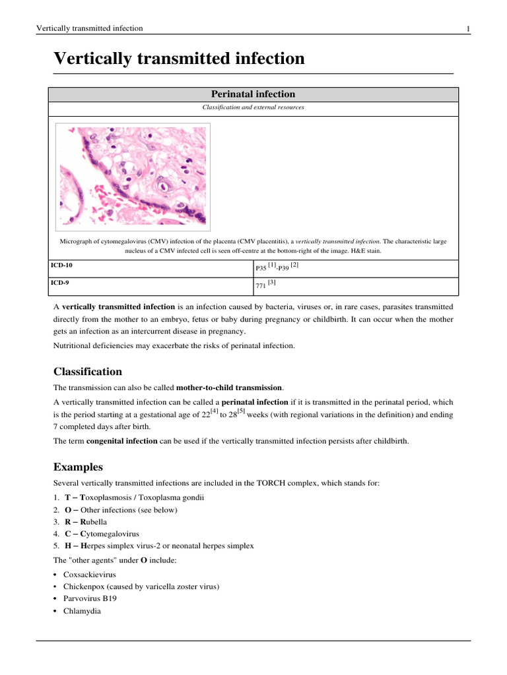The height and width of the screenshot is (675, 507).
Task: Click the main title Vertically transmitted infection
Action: tap(179, 59)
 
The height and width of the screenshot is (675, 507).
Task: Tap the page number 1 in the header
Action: tap(468, 29)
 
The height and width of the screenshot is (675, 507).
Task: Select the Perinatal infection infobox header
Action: tap(253, 94)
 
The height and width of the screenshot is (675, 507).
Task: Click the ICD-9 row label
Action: tap(60, 282)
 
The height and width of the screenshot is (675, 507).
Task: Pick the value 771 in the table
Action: tap(260, 287)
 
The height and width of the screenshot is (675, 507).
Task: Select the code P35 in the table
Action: tap(260, 269)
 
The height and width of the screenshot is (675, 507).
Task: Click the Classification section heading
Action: tap(87, 371)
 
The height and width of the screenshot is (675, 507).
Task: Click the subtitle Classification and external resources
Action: tap(253, 107)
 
